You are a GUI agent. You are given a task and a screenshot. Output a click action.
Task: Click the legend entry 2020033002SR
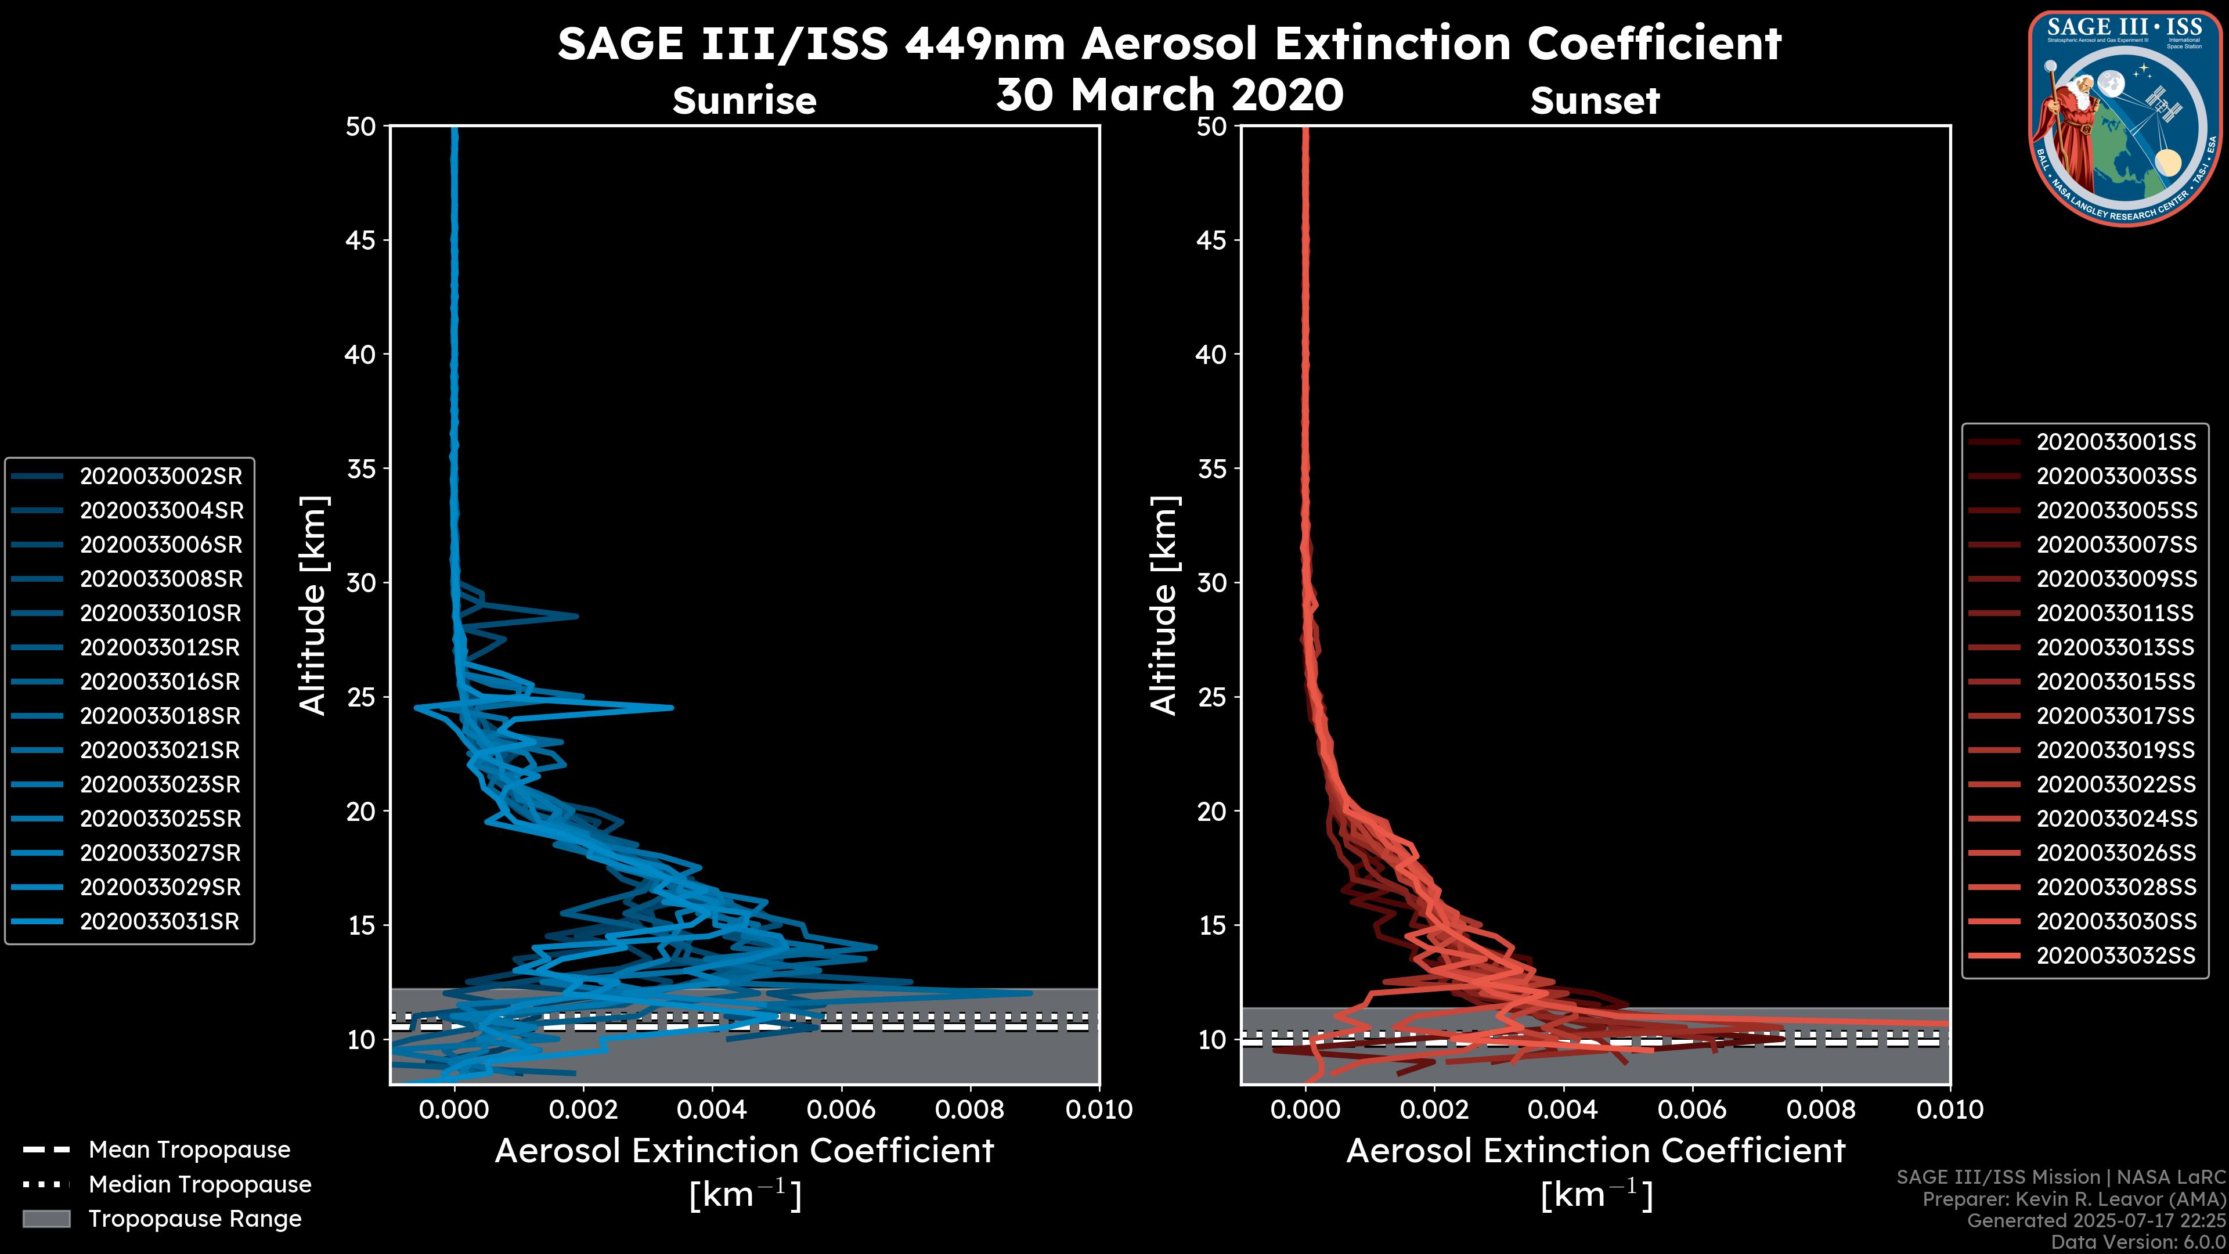point(161,476)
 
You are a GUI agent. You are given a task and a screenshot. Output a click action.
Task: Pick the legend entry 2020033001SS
point(2116,442)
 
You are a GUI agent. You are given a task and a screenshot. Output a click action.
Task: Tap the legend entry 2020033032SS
point(2116,956)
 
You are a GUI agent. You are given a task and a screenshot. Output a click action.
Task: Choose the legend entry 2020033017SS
point(2116,716)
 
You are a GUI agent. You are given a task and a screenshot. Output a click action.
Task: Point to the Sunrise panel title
point(744,100)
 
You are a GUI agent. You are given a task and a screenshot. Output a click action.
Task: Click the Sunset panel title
point(1595,100)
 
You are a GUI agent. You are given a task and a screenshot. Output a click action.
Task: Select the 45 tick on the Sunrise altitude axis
point(361,240)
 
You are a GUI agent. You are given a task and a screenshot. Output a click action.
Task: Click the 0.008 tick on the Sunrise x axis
point(970,1109)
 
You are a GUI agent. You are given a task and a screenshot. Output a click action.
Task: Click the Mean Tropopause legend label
point(189,1150)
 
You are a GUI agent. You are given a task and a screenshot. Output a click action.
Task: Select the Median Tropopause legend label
point(200,1185)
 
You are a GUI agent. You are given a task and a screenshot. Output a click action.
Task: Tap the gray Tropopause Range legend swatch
point(46,1219)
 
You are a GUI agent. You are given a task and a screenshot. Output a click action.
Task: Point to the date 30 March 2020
point(1170,94)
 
